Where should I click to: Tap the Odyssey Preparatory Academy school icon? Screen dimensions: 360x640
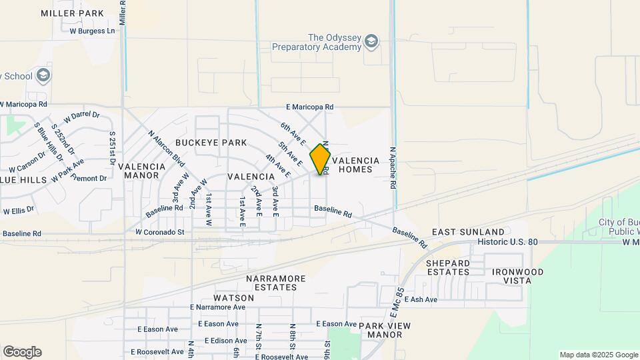pyautogui.click(x=371, y=42)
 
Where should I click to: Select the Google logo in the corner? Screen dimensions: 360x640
pyautogui.click(x=22, y=352)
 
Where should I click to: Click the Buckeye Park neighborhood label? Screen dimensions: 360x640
pyautogui.click(x=211, y=143)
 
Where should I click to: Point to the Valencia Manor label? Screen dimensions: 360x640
pyautogui.click(x=141, y=171)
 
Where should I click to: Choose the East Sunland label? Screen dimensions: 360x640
pyautogui.click(x=463, y=231)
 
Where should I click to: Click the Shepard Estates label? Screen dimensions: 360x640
pyautogui.click(x=448, y=267)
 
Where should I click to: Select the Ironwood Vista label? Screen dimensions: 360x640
pyautogui.click(x=517, y=276)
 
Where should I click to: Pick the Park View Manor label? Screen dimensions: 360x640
pyautogui.click(x=385, y=330)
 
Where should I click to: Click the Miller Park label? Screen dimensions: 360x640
pyautogui.click(x=72, y=13)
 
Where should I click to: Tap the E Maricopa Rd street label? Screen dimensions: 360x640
pyautogui.click(x=309, y=107)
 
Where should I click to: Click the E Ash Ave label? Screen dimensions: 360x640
pyautogui.click(x=419, y=300)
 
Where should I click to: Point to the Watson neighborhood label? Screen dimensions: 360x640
pyautogui.click(x=233, y=297)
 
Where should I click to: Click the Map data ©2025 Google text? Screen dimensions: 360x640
pyautogui.click(x=598, y=355)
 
